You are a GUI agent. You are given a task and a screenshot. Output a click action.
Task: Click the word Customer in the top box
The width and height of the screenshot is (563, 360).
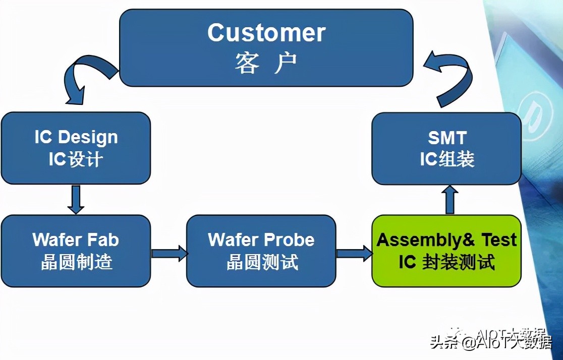pos(266,33)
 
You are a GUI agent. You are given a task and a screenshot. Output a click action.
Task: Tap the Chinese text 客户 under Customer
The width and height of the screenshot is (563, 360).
pos(266,64)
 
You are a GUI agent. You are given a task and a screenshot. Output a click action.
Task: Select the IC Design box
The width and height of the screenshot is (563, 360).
pos(76,148)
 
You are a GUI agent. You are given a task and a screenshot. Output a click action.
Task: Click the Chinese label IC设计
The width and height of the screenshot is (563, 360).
pos(76,159)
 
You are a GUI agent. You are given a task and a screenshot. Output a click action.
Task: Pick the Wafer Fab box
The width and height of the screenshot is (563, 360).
pos(76,251)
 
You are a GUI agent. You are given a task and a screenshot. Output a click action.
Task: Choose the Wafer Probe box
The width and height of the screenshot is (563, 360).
pos(261,251)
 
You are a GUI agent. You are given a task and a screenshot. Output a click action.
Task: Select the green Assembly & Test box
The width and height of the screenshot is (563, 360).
pos(446,251)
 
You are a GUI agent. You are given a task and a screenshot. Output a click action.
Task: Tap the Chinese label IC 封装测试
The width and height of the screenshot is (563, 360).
pos(446,262)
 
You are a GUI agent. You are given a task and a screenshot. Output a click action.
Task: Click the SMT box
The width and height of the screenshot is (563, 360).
pos(446,148)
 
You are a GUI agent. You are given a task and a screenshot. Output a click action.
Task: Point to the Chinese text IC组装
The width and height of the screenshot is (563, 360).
pos(447,159)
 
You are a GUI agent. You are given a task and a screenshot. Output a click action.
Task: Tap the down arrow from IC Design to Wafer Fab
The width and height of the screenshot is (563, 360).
pos(76,199)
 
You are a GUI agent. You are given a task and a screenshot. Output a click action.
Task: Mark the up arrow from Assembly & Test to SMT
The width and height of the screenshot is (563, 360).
pos(451,199)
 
